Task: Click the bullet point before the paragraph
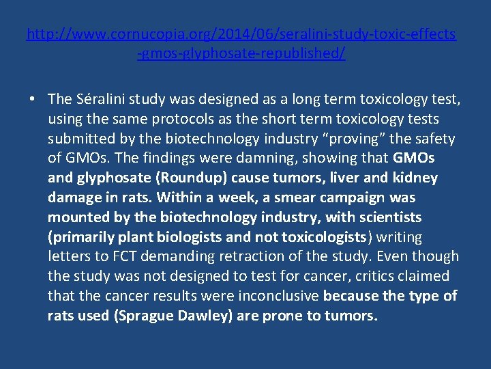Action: coord(33,100)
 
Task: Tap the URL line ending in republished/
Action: coord(241,53)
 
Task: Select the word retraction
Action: coord(243,257)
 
